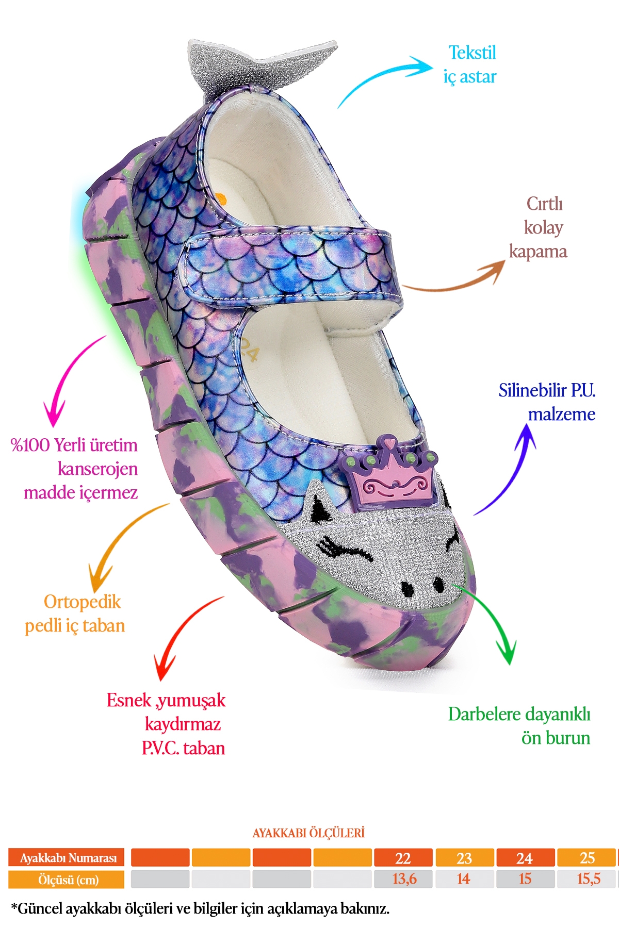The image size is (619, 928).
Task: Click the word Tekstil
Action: [x=472, y=53]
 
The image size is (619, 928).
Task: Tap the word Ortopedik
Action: [x=82, y=602]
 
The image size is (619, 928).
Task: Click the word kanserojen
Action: [x=97, y=469]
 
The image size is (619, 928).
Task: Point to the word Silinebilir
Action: [x=531, y=390]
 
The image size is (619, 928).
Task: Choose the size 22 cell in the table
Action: [x=403, y=858]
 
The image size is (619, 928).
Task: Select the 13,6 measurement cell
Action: [x=404, y=879]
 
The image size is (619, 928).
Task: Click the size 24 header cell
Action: [x=525, y=858]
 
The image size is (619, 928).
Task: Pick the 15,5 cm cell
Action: [x=588, y=879]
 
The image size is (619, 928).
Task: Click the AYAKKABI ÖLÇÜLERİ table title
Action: [x=308, y=833]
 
